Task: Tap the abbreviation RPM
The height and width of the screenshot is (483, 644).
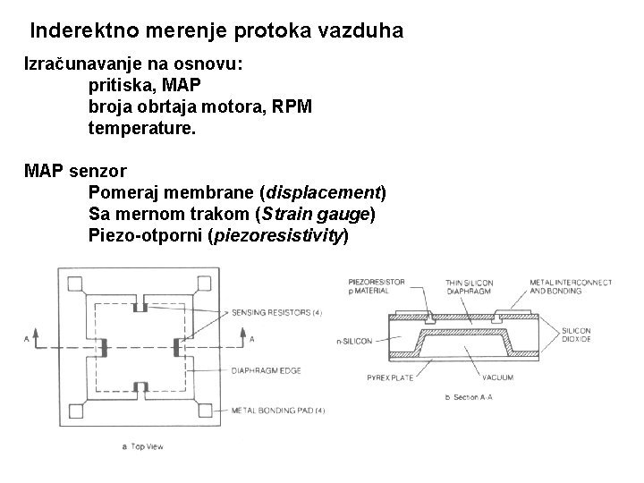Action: (292, 107)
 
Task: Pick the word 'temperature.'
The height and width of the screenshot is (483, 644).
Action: (141, 129)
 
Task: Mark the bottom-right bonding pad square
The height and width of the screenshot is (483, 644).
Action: (207, 411)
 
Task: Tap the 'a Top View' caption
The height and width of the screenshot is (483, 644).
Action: (142, 446)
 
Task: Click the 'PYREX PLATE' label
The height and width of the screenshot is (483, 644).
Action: (391, 377)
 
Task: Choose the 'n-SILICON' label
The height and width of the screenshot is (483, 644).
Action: (356, 340)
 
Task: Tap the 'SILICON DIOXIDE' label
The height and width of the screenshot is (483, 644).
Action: (576, 335)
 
